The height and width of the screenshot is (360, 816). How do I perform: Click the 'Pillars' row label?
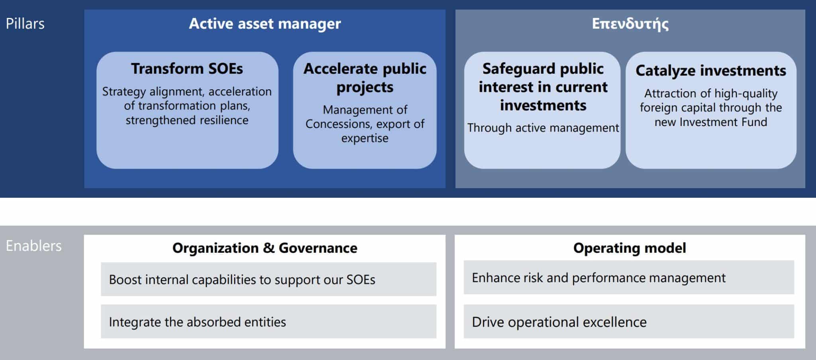pyautogui.click(x=25, y=24)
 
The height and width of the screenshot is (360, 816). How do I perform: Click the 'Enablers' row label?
pyautogui.click(x=34, y=246)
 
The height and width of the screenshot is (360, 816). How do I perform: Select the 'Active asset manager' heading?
pyautogui.click(x=265, y=24)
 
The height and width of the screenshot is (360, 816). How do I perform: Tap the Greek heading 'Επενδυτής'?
pyautogui.click(x=630, y=24)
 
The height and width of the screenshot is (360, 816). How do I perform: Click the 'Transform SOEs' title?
pyautogui.click(x=187, y=69)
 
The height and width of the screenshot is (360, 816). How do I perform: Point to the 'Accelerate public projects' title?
pyautogui.click(x=365, y=78)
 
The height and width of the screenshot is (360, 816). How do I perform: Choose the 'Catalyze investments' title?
pyautogui.click(x=711, y=71)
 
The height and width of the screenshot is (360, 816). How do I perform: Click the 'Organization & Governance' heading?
pyautogui.click(x=265, y=248)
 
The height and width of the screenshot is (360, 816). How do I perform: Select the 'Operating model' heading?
pyautogui.click(x=630, y=248)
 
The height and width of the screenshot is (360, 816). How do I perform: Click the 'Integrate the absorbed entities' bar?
pyautogui.click(x=269, y=321)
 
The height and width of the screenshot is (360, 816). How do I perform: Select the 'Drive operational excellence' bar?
pyautogui.click(x=629, y=321)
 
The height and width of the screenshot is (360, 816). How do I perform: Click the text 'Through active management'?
pyautogui.click(x=543, y=128)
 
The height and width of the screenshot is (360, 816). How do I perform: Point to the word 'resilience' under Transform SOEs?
pyautogui.click(x=224, y=120)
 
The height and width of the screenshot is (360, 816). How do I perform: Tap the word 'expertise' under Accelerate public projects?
pyautogui.click(x=365, y=138)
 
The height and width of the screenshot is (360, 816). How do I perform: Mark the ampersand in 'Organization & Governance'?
pyautogui.click(x=269, y=248)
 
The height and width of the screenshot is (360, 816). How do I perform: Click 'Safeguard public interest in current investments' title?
pyautogui.click(x=543, y=87)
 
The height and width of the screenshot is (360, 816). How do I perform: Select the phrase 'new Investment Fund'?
pyautogui.click(x=711, y=122)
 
